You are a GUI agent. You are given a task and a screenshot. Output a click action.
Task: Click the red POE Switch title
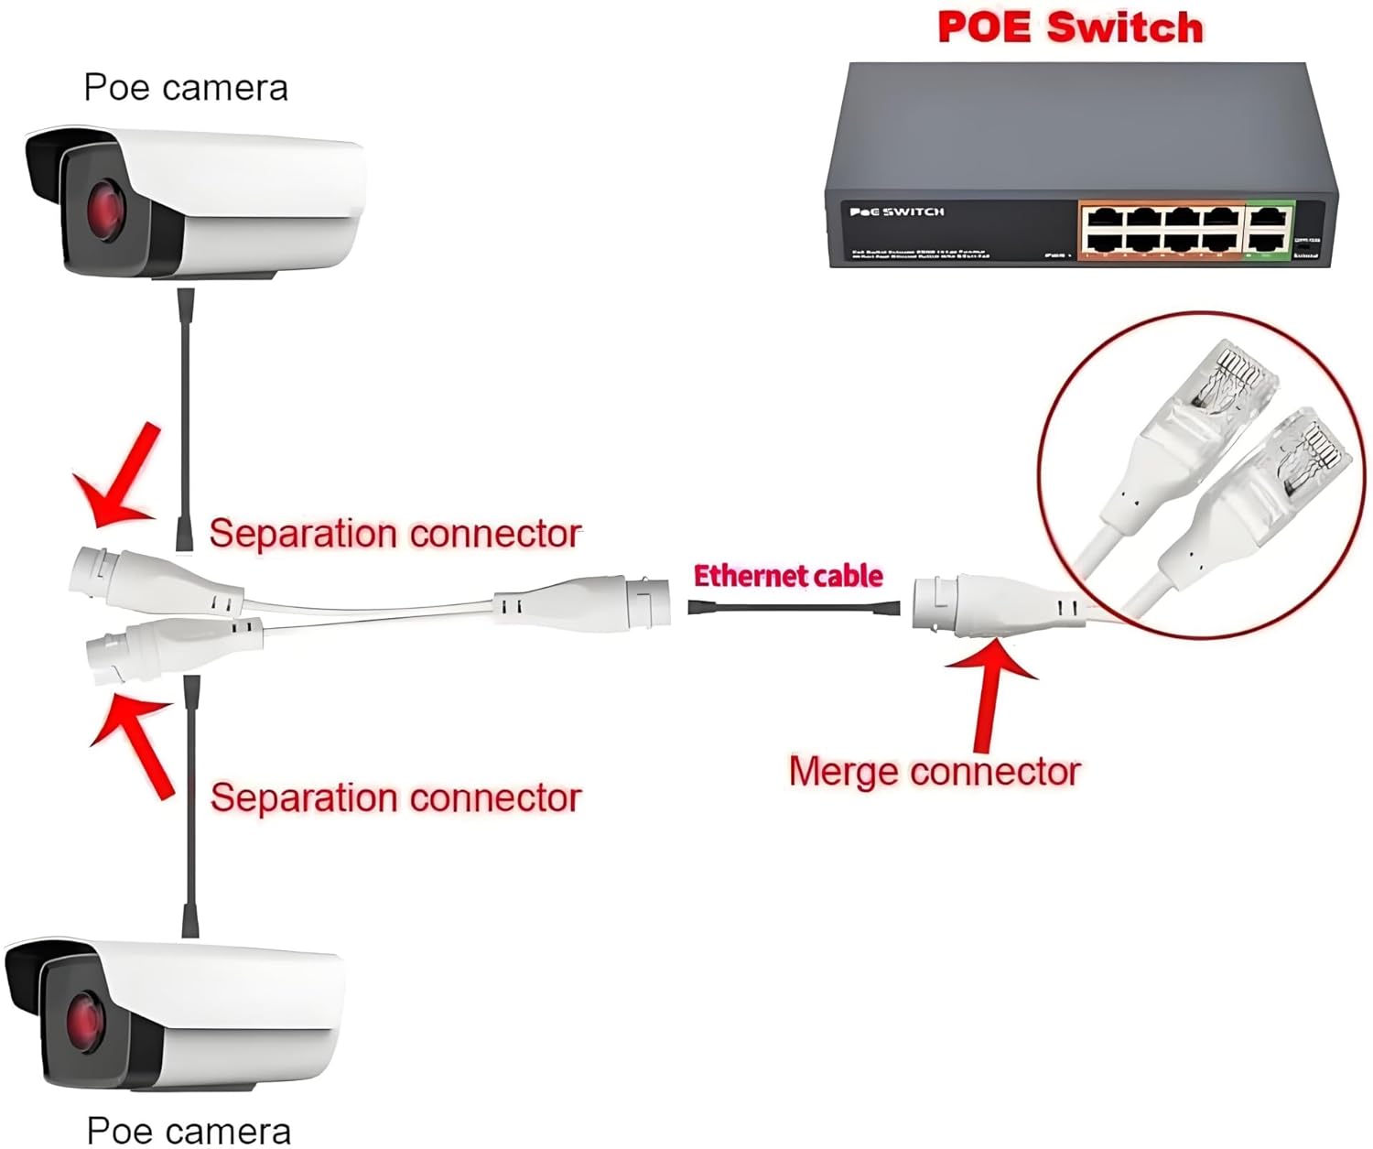click(1070, 27)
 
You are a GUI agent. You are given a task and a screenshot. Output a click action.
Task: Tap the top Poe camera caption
click(186, 88)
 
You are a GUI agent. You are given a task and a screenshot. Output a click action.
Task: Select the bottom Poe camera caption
click(189, 1131)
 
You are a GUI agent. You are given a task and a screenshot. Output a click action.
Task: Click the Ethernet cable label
click(788, 576)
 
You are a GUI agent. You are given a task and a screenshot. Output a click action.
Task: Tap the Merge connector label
click(935, 772)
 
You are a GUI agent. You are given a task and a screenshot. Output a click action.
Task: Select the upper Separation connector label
click(395, 533)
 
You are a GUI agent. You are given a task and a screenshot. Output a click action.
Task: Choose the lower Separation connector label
click(395, 797)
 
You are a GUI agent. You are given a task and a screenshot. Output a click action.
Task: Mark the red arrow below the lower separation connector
click(137, 741)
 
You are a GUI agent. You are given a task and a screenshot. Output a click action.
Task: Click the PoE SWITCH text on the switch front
click(896, 212)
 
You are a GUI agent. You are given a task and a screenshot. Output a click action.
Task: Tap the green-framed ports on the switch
click(1270, 229)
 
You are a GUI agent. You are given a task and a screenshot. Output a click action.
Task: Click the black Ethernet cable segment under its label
click(793, 607)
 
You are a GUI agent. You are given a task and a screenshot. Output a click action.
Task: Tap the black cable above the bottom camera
click(190, 806)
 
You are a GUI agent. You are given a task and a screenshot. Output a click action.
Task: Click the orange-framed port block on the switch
click(1161, 229)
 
